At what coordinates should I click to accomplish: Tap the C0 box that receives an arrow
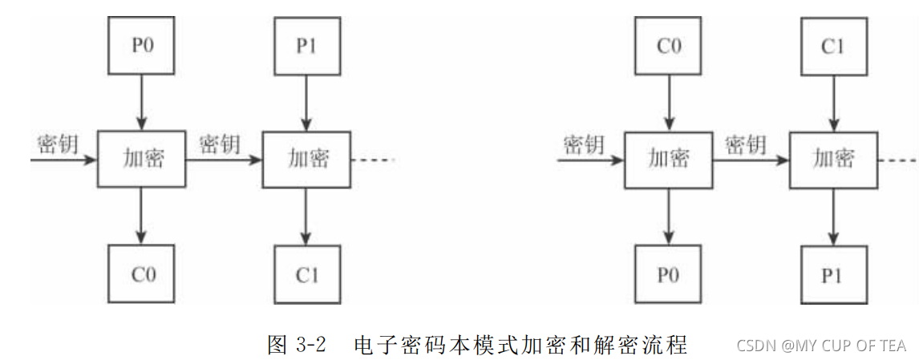pos(141,273)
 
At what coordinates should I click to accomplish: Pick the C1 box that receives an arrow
pos(306,273)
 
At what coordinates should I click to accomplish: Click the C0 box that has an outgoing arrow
pos(668,43)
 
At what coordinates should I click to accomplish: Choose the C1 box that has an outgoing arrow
pos(833,43)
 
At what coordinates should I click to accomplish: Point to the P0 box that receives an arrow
pos(668,274)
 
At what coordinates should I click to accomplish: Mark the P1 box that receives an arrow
pos(833,274)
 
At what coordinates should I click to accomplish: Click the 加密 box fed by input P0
pos(141,159)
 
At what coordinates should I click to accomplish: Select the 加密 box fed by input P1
pos(306,159)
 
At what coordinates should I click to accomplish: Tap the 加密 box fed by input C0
pos(668,159)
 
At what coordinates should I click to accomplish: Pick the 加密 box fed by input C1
pos(833,159)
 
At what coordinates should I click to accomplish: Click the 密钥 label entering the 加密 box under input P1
pos(219,144)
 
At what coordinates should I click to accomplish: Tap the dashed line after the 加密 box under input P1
pos(373,160)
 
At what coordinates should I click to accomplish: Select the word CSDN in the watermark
pos(755,346)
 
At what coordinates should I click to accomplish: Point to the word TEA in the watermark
pos(893,346)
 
